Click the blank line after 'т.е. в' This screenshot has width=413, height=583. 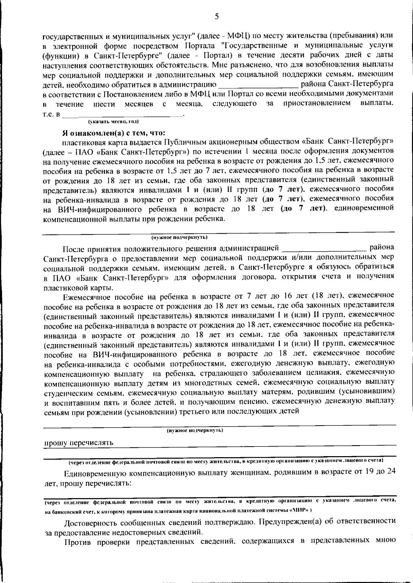click(x=124, y=113)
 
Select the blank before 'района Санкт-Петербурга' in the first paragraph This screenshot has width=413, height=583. click(x=258, y=84)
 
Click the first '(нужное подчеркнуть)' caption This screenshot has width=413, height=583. click(x=179, y=237)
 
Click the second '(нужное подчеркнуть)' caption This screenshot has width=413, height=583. click(x=195, y=430)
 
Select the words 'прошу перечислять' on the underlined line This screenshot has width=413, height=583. click(x=78, y=443)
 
